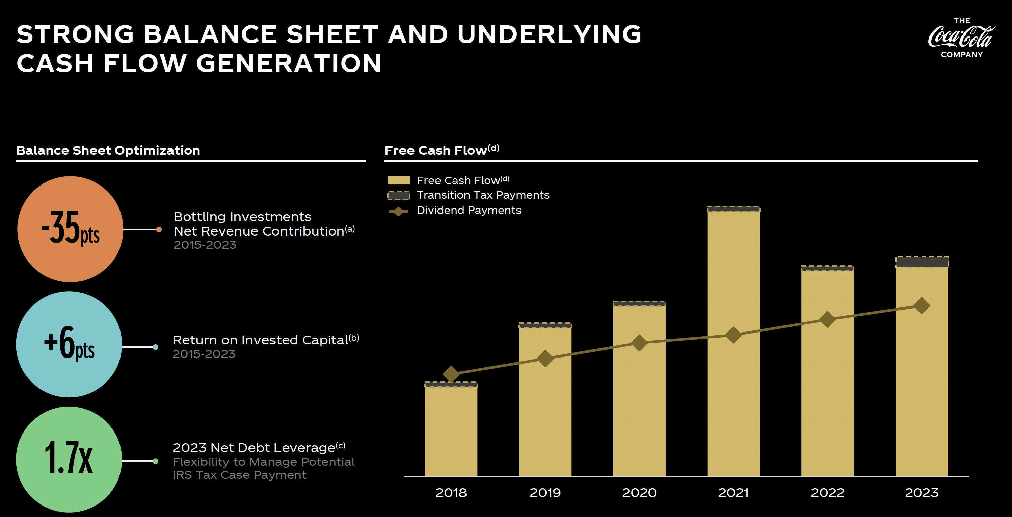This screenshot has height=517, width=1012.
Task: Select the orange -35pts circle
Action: click(x=70, y=229)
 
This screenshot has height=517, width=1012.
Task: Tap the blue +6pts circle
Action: click(x=69, y=344)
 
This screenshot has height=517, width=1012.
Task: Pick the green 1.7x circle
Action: click(x=69, y=459)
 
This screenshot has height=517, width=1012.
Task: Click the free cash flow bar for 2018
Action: click(x=451, y=433)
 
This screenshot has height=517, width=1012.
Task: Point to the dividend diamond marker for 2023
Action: click(x=922, y=305)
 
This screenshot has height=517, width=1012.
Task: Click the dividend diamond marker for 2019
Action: click(x=545, y=358)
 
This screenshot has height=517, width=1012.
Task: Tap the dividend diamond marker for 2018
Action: click(x=451, y=373)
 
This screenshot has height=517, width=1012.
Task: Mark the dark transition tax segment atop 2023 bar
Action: click(x=922, y=262)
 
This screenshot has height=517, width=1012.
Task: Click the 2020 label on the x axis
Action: click(x=639, y=493)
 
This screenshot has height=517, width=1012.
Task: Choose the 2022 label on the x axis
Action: click(x=827, y=493)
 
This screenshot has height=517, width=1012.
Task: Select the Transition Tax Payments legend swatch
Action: click(x=398, y=195)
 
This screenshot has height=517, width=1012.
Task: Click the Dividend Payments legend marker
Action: click(x=398, y=211)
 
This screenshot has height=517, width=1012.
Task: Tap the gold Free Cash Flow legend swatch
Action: click(x=398, y=180)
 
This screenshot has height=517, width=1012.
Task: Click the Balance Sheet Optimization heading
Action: click(x=108, y=151)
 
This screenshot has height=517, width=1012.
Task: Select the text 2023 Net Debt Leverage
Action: click(x=254, y=448)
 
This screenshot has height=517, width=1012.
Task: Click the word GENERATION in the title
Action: click(x=289, y=63)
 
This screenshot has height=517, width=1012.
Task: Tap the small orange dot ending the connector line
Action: click(x=159, y=229)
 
